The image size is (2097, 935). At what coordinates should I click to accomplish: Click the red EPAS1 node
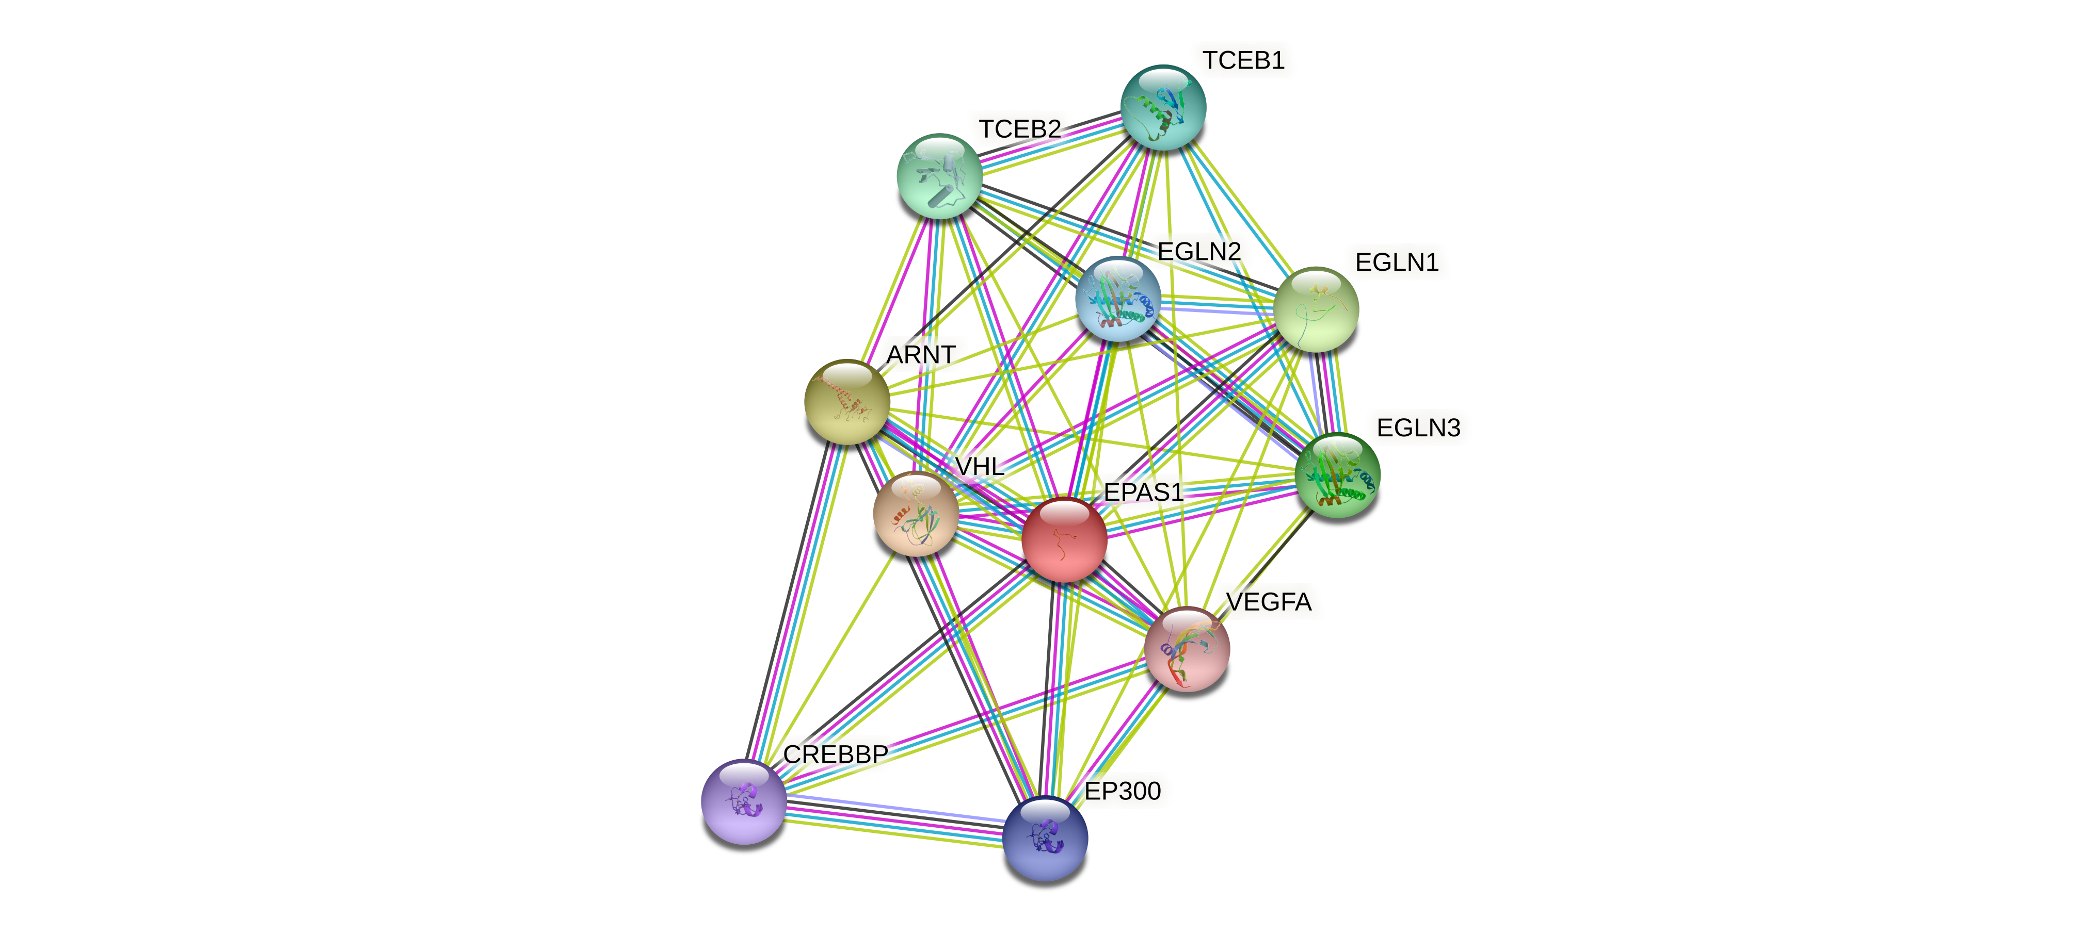point(1064,539)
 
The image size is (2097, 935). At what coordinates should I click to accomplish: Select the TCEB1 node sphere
point(1163,107)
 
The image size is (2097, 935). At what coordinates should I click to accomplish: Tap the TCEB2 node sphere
point(939,176)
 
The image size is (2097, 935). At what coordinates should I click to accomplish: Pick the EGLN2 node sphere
point(1118,299)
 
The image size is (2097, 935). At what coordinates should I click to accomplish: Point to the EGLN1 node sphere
point(1316,309)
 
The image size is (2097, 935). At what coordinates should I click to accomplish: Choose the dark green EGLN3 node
point(1337,475)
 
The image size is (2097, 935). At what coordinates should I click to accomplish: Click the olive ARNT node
point(846,402)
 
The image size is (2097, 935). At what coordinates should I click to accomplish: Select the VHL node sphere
point(916,514)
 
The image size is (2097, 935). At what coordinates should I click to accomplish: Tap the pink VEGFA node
point(1186,649)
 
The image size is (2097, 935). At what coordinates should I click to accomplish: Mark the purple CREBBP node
point(743,801)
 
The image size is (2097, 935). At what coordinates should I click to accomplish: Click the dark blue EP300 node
point(1045,838)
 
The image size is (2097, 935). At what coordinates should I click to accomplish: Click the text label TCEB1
point(1243,61)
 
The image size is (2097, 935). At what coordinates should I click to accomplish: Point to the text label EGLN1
point(1396,263)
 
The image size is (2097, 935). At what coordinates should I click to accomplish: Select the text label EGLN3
point(1418,428)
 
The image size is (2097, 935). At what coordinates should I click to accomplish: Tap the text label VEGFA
point(1268,602)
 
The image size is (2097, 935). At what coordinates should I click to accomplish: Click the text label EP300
point(1123,791)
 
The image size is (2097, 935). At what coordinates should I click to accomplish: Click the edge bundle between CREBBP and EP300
point(894,821)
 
